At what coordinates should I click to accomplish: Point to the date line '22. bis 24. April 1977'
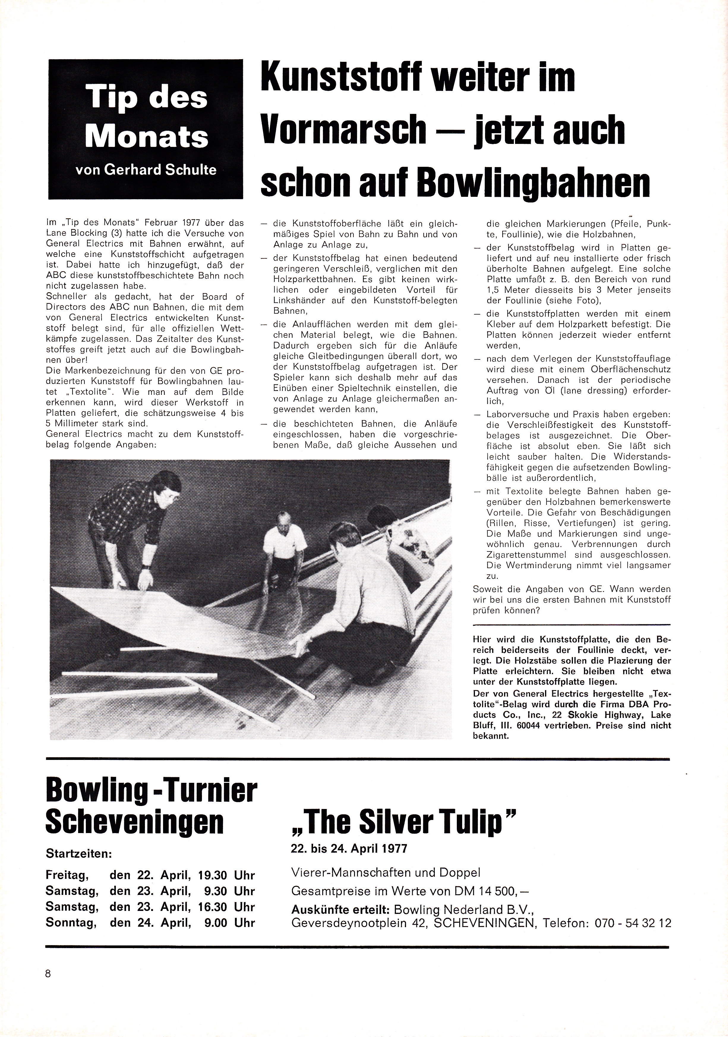(x=349, y=849)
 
